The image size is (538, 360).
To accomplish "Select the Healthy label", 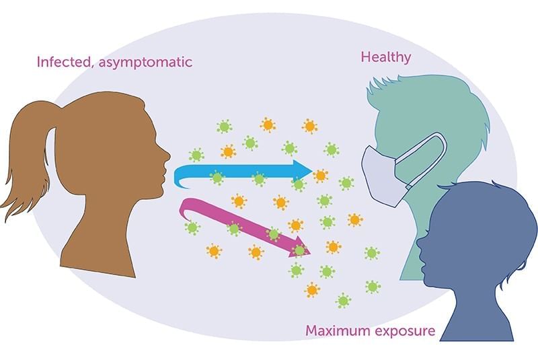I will (385, 57).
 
